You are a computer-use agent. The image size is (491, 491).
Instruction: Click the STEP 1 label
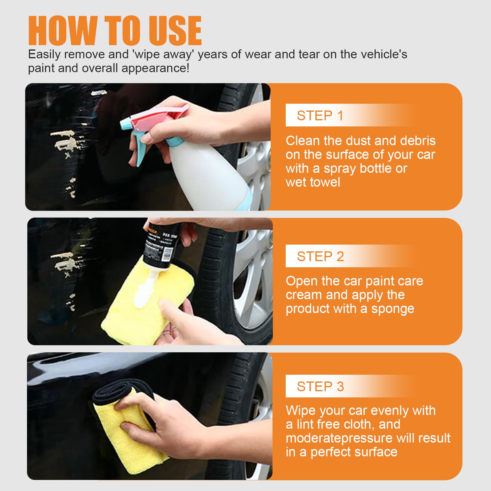320,116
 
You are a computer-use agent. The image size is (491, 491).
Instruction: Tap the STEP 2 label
320,256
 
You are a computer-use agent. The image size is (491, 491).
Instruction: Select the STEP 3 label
320,386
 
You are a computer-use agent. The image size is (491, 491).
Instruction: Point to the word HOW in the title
63,31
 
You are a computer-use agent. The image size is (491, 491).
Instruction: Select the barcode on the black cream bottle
168,253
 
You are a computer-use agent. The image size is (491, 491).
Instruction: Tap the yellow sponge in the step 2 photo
138,316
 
